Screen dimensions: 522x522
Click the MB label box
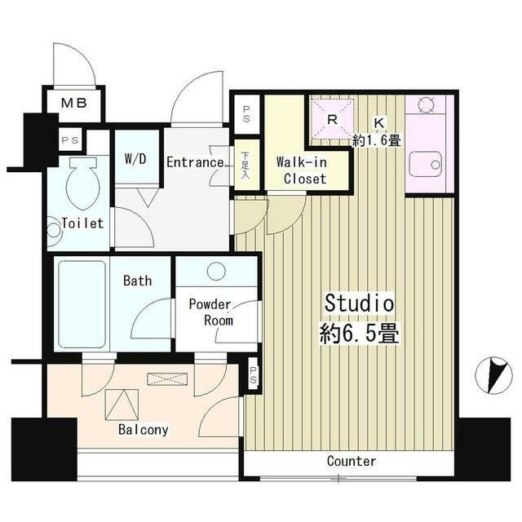click(x=76, y=104)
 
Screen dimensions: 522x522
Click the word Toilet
click(x=83, y=223)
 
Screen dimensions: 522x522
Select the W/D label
click(x=135, y=158)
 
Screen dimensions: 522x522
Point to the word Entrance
click(x=195, y=162)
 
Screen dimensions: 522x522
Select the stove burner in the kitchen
click(x=426, y=104)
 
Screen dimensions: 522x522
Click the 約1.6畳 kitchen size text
click(x=378, y=139)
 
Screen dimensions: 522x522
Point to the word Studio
click(x=360, y=303)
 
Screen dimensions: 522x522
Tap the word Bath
click(x=137, y=281)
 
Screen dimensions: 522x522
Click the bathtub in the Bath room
click(x=82, y=304)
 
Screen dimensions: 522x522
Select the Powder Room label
click(x=210, y=312)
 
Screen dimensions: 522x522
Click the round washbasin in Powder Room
click(x=217, y=272)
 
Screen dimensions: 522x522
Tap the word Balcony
click(x=144, y=429)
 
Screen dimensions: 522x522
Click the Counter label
click(x=352, y=462)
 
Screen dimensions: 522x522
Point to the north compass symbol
click(x=491, y=376)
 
